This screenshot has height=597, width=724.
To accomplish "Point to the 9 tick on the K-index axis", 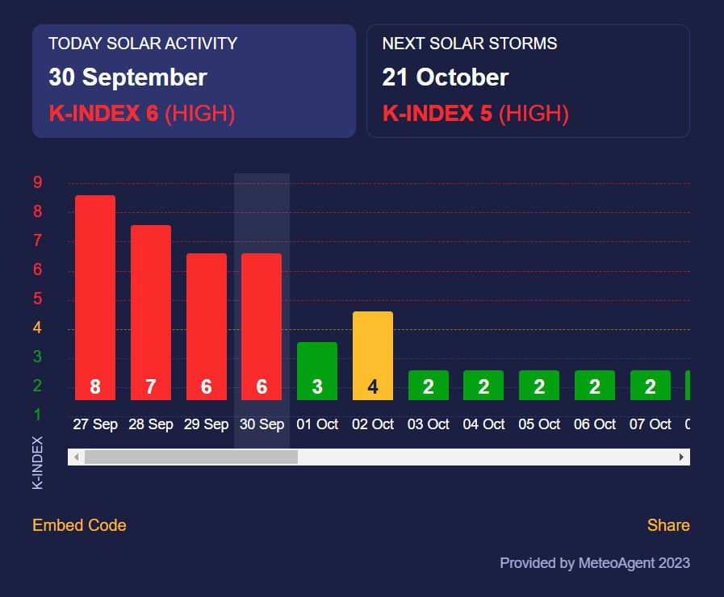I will pos(37,183).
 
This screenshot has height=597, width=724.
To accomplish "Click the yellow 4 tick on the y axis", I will pos(37,328).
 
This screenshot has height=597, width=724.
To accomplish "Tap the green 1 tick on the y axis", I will pos(37,415).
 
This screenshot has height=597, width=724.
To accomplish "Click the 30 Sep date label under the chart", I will pos(262,424).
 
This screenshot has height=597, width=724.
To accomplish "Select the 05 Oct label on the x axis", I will pos(539,424).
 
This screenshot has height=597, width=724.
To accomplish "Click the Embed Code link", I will pos(79,525).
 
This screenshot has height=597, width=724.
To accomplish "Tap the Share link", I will pos(668,525).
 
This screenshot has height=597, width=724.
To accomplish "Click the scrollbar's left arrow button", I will pos(76,457).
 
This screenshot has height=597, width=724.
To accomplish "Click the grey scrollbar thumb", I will pos(191,457).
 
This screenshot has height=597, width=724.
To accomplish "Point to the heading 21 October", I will pos(445,77).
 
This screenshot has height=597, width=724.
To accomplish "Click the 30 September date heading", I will pos(128,77).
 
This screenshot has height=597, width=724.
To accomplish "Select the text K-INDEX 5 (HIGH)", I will pos(475,114).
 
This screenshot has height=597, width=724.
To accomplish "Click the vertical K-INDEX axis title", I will pos(37,463).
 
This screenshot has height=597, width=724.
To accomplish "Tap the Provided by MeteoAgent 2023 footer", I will pos(595,563).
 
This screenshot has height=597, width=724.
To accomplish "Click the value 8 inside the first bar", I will pos(95,387).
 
